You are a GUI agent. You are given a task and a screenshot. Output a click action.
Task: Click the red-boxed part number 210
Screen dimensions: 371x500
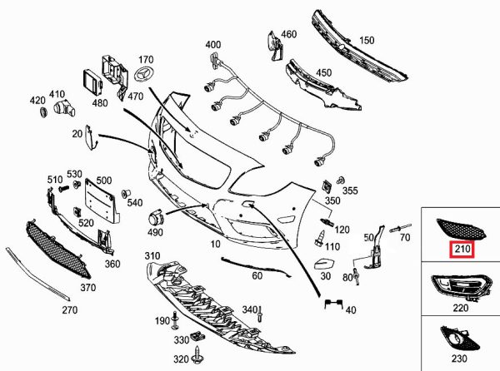460,250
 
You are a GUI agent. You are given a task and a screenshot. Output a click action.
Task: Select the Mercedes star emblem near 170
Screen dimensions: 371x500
141,76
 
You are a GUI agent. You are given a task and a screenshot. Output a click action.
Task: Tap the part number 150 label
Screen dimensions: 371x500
367,40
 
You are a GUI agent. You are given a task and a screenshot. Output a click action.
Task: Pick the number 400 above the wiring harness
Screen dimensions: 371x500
213,44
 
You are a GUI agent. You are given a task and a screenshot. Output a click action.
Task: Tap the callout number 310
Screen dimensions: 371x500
152,255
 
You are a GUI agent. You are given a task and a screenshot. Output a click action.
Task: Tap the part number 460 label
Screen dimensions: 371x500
288,34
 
